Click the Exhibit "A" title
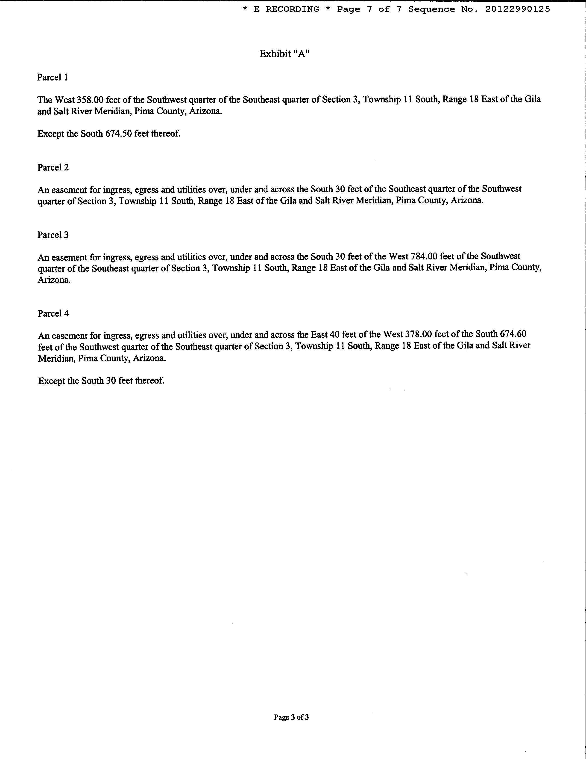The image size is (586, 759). point(284,54)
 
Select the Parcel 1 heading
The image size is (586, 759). point(53,77)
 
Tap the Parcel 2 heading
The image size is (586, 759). point(53,167)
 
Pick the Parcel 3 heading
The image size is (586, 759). point(53,235)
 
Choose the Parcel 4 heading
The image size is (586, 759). point(53,313)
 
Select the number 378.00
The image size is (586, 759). point(418,334)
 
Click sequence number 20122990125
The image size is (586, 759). point(517,9)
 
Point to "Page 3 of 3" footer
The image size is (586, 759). point(291,717)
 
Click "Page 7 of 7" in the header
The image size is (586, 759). point(369,9)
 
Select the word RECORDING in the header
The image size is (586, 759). point(292,9)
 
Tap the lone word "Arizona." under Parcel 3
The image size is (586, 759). point(54,280)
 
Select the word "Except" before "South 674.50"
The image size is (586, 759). point(51,134)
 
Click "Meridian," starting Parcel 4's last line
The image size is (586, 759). point(57,358)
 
